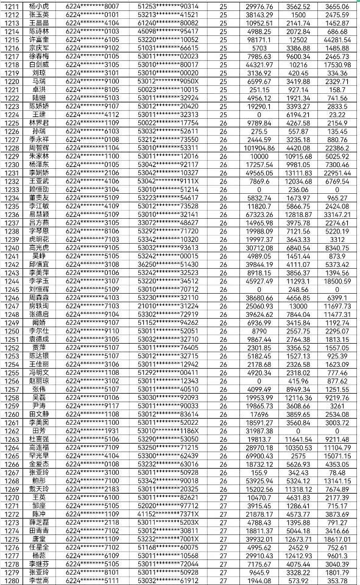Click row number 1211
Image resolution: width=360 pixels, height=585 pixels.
click(12, 5)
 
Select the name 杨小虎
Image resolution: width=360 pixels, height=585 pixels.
click(39, 5)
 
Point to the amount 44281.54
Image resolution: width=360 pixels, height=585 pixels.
click(337, 39)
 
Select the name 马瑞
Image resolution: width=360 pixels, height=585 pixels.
click(39, 80)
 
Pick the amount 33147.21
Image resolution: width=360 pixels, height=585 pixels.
click(337, 214)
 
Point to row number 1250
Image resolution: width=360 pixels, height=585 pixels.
click(12, 331)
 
